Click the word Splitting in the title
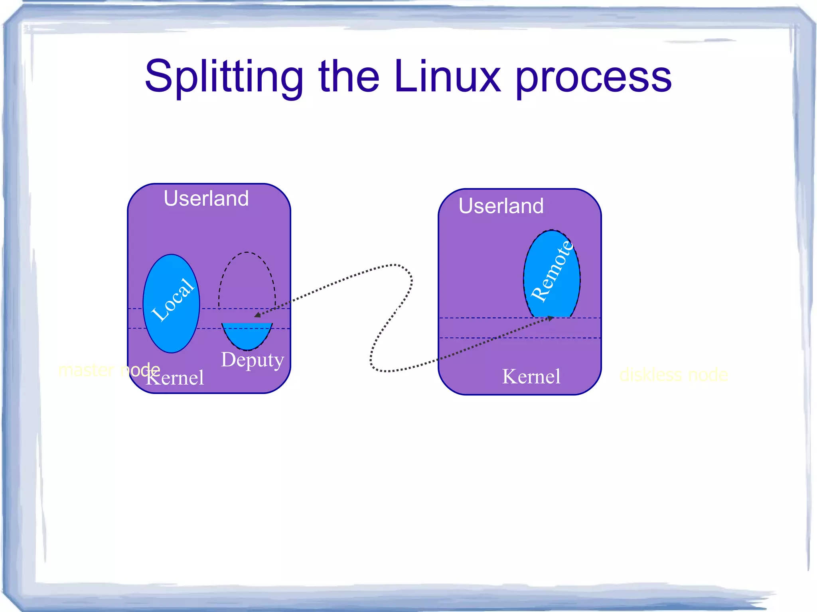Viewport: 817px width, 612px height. coord(223,77)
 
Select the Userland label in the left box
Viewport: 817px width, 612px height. coord(206,199)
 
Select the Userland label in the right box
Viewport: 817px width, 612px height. coord(501,206)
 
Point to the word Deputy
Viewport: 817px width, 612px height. coord(252,360)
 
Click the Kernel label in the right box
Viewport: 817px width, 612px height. coord(531,377)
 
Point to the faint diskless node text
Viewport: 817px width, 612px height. coord(673,375)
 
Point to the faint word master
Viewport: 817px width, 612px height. coord(86,370)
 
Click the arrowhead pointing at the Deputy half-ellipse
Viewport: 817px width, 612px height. coord(257,315)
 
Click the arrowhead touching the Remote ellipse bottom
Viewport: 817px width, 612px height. coord(551,318)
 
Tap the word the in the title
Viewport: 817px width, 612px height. coord(349,77)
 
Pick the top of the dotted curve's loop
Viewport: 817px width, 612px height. coord(395,265)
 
